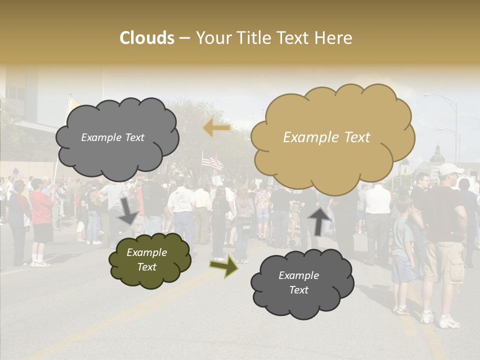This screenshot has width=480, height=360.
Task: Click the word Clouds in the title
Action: [x=147, y=38]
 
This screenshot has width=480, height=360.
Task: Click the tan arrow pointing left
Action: [x=216, y=128]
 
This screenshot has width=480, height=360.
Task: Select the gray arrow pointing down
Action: [x=128, y=210]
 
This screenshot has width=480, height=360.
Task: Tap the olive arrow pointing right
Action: [x=224, y=265]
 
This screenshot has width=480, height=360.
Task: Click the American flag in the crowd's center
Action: [x=212, y=161]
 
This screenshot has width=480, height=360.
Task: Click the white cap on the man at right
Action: [x=449, y=168]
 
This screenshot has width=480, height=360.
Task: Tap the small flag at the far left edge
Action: [x=17, y=173]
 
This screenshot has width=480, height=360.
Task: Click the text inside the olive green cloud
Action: [x=146, y=260]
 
